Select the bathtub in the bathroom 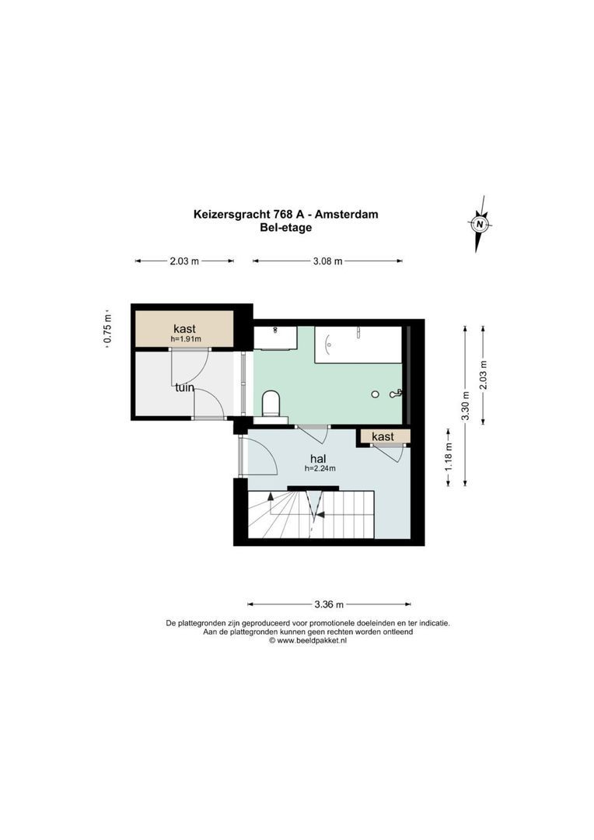point(358,344)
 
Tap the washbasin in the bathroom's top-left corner point(275,337)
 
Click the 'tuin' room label point(183,387)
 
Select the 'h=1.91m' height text point(186,339)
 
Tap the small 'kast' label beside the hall point(383,437)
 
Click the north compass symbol point(480,224)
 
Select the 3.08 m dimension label point(327,261)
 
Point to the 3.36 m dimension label point(329,604)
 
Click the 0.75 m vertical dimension point(109,327)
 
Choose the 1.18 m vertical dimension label point(448,457)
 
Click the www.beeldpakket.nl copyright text point(307,641)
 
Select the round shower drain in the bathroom point(376,394)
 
